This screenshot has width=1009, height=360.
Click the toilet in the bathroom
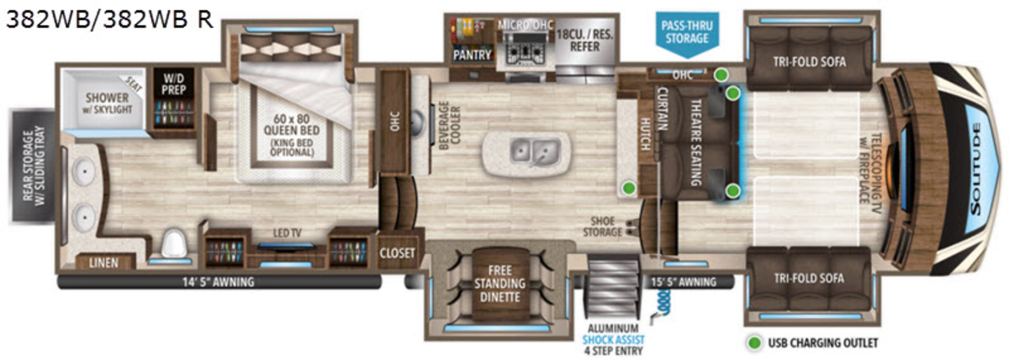coord(174,243)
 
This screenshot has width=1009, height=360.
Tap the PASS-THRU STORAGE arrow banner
coord(687,34)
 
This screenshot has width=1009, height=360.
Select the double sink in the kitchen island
coord(535,151)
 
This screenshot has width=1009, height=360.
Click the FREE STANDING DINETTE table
coord(500,283)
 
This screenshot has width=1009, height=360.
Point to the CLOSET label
coord(397,253)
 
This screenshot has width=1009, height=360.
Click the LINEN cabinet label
coord(103,262)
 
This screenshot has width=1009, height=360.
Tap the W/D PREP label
coord(174,84)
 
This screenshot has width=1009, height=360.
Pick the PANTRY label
coord(472,56)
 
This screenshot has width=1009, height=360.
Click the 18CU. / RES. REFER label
coord(584,40)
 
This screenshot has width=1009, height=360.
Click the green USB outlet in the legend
coord(754,343)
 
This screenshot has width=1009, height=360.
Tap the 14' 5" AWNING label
coord(218,283)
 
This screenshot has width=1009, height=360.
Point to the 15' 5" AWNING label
coord(684,282)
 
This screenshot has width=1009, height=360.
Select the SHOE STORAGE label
coord(602,226)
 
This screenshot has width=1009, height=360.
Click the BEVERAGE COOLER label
coord(450,125)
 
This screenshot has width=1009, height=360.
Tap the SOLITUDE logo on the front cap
coord(975,169)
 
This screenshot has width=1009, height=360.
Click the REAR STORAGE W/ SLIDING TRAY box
coord(33,166)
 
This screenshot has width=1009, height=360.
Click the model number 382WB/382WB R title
coord(109,20)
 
